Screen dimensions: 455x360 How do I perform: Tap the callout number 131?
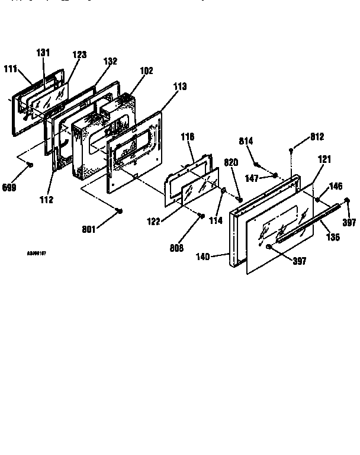pyautogui.click(x=43, y=53)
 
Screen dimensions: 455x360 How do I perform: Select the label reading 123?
pyautogui.click(x=79, y=55)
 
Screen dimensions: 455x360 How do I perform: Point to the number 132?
pyautogui.click(x=110, y=61)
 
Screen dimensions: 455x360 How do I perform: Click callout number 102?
pyautogui.click(x=146, y=71)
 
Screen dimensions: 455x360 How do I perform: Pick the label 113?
pyautogui.click(x=179, y=86)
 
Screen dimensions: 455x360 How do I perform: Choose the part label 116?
pyautogui.click(x=187, y=137)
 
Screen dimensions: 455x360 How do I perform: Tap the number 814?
pyautogui.click(x=246, y=140)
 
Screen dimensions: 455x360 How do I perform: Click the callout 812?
pyautogui.click(x=317, y=137)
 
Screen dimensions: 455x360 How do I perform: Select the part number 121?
pyautogui.click(x=325, y=159)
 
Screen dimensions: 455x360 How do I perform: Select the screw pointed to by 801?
pyautogui.click(x=120, y=211)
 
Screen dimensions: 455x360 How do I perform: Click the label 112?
pyautogui.click(x=46, y=200)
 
